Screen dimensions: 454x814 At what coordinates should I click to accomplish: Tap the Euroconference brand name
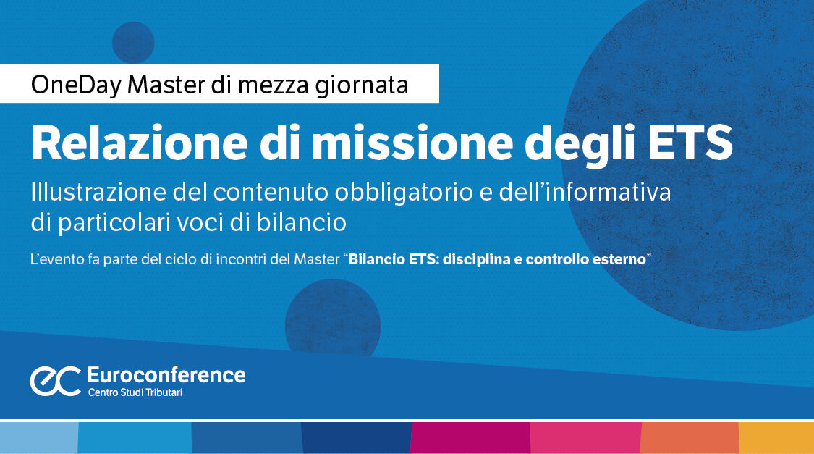(x=166, y=374)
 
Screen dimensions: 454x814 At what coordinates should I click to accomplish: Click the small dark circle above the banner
(x=133, y=42)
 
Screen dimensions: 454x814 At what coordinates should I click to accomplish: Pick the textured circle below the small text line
(x=333, y=319)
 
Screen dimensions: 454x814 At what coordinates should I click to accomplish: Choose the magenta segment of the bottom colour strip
(x=470, y=438)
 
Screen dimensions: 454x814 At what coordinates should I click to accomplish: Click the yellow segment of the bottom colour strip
(x=776, y=438)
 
